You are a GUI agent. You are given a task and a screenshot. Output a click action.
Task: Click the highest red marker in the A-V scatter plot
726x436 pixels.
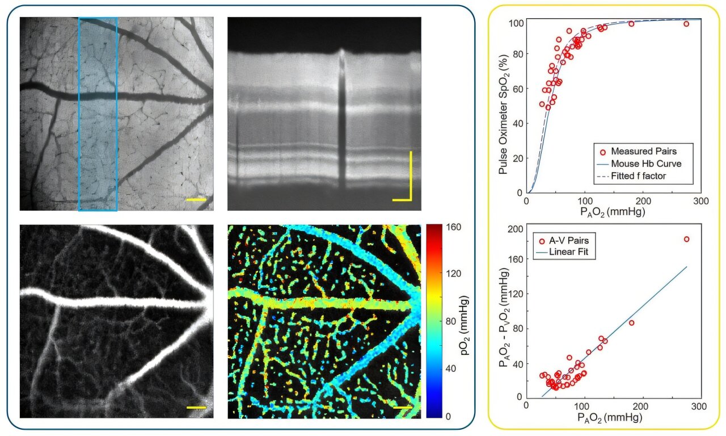686,239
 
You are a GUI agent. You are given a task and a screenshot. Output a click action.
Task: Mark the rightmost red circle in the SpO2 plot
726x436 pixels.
686,24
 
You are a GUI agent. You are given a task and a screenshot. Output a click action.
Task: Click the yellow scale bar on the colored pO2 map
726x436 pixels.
400,407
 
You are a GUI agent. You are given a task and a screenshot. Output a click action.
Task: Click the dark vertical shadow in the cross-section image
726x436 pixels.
342,125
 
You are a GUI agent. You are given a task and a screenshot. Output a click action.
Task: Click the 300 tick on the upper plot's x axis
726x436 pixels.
701,202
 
